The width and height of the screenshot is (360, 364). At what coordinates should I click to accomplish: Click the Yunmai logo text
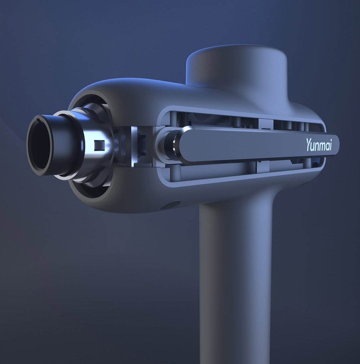[319, 144]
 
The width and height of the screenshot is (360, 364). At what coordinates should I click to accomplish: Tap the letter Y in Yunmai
[309, 145]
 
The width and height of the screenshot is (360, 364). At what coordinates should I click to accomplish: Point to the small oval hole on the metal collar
[82, 145]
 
